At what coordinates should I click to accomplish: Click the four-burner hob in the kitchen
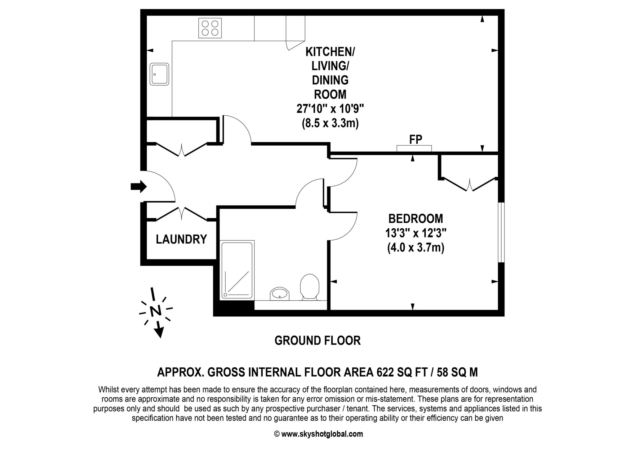(x=210, y=28)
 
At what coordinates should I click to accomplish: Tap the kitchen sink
(x=159, y=74)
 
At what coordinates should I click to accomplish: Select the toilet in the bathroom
(x=310, y=286)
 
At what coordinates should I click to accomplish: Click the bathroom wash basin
(x=279, y=293)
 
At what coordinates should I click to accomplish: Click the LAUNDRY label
(x=181, y=239)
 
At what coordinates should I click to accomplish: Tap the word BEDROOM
(x=415, y=219)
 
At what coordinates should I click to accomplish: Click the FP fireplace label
(x=415, y=140)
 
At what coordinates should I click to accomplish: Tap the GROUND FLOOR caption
(x=317, y=340)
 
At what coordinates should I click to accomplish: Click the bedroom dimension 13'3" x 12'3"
(x=415, y=233)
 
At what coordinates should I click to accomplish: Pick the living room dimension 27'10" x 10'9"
(x=330, y=109)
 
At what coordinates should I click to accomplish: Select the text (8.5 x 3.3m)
(x=330, y=123)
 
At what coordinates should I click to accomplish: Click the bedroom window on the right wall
(x=501, y=233)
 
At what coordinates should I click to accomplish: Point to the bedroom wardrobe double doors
(x=470, y=184)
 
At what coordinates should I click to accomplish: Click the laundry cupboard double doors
(x=181, y=214)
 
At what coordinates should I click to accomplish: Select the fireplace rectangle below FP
(x=414, y=149)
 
